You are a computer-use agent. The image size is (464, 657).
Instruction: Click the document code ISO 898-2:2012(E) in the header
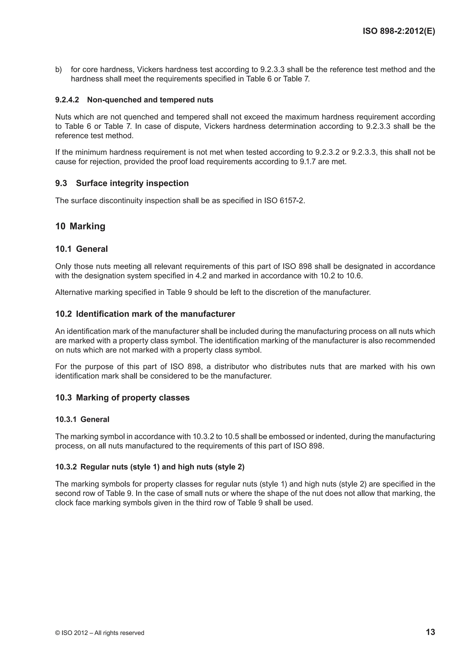399,31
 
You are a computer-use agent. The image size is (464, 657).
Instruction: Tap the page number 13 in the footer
430,632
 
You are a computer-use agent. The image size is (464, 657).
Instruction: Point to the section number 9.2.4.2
67,100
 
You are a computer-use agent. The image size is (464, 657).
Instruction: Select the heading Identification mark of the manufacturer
155,314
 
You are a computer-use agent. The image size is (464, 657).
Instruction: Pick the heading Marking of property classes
133,397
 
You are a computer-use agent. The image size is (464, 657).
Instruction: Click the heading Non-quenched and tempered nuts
150,100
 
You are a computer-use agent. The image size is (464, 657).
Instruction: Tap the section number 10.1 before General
63,249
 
